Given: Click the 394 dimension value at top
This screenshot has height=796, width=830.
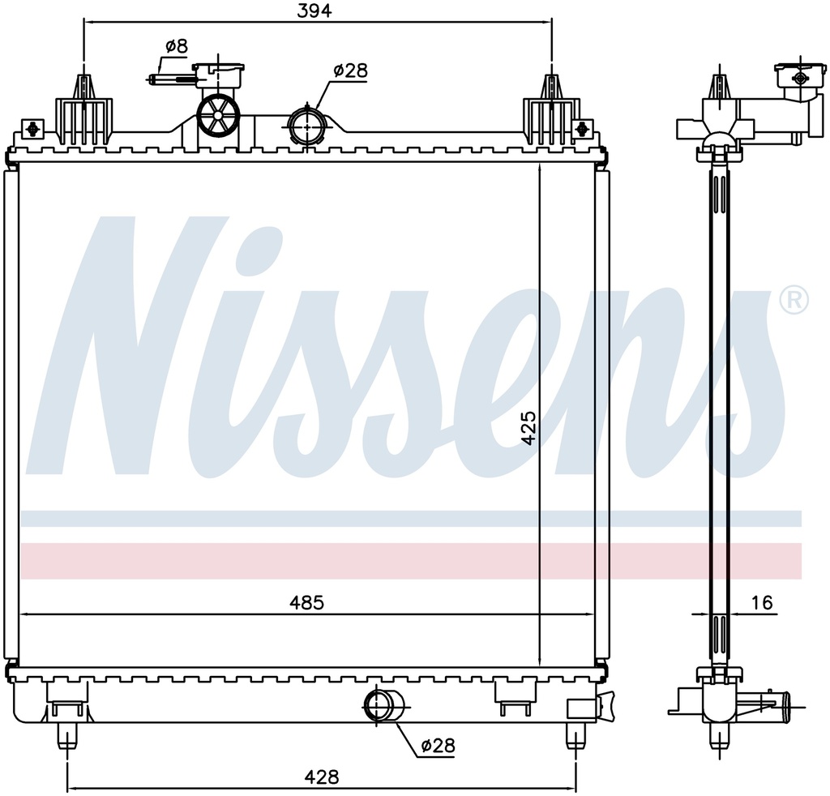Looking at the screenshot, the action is [314, 11].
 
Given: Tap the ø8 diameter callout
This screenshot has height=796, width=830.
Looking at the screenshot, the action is [177, 46].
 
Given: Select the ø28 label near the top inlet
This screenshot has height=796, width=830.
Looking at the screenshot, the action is [350, 70].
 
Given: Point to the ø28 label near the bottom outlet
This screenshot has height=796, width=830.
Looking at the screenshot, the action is [438, 746].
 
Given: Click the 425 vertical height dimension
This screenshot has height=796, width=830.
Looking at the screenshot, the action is [528, 428].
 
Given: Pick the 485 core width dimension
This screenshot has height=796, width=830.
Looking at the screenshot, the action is [306, 602].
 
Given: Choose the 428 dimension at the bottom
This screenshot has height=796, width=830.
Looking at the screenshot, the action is [321, 777].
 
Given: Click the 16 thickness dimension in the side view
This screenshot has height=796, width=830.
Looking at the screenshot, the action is [762, 602].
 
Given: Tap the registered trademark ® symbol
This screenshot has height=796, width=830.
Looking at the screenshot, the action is [794, 300].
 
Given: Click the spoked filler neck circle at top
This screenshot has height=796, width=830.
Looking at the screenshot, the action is [218, 115].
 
